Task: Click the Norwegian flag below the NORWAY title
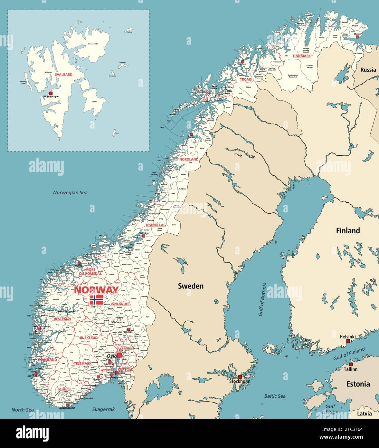click(x=96, y=300)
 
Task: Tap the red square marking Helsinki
click(x=348, y=341)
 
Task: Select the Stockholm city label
click(x=239, y=381)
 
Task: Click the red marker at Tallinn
click(x=351, y=364)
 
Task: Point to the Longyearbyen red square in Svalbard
click(x=51, y=93)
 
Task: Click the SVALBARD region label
click(x=63, y=74)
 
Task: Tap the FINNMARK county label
click(x=302, y=56)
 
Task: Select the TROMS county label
click(x=246, y=79)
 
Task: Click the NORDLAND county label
click(x=189, y=160)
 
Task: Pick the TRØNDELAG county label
click(x=156, y=225)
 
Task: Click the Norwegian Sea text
click(x=70, y=193)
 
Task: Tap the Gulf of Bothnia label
click(x=262, y=299)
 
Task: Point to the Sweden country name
click(x=191, y=286)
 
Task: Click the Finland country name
click(x=348, y=231)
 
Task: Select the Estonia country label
click(x=358, y=384)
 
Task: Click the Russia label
click(x=368, y=70)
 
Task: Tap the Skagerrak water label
click(x=103, y=409)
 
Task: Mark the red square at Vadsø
click(x=357, y=37)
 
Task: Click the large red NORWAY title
click(x=96, y=290)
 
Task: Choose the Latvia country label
click(x=364, y=414)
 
